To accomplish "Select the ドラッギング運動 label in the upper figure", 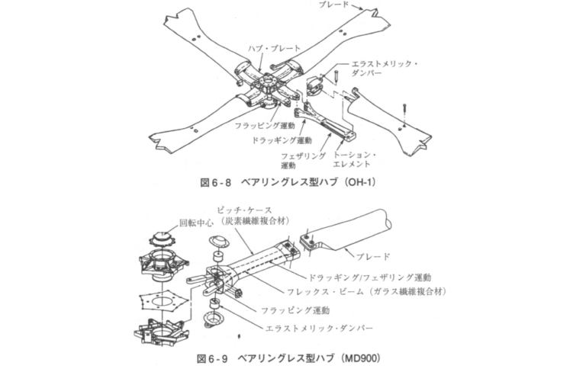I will (x=282, y=140).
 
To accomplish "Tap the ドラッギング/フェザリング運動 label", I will (x=372, y=276).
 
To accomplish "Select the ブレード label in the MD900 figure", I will (x=375, y=256).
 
